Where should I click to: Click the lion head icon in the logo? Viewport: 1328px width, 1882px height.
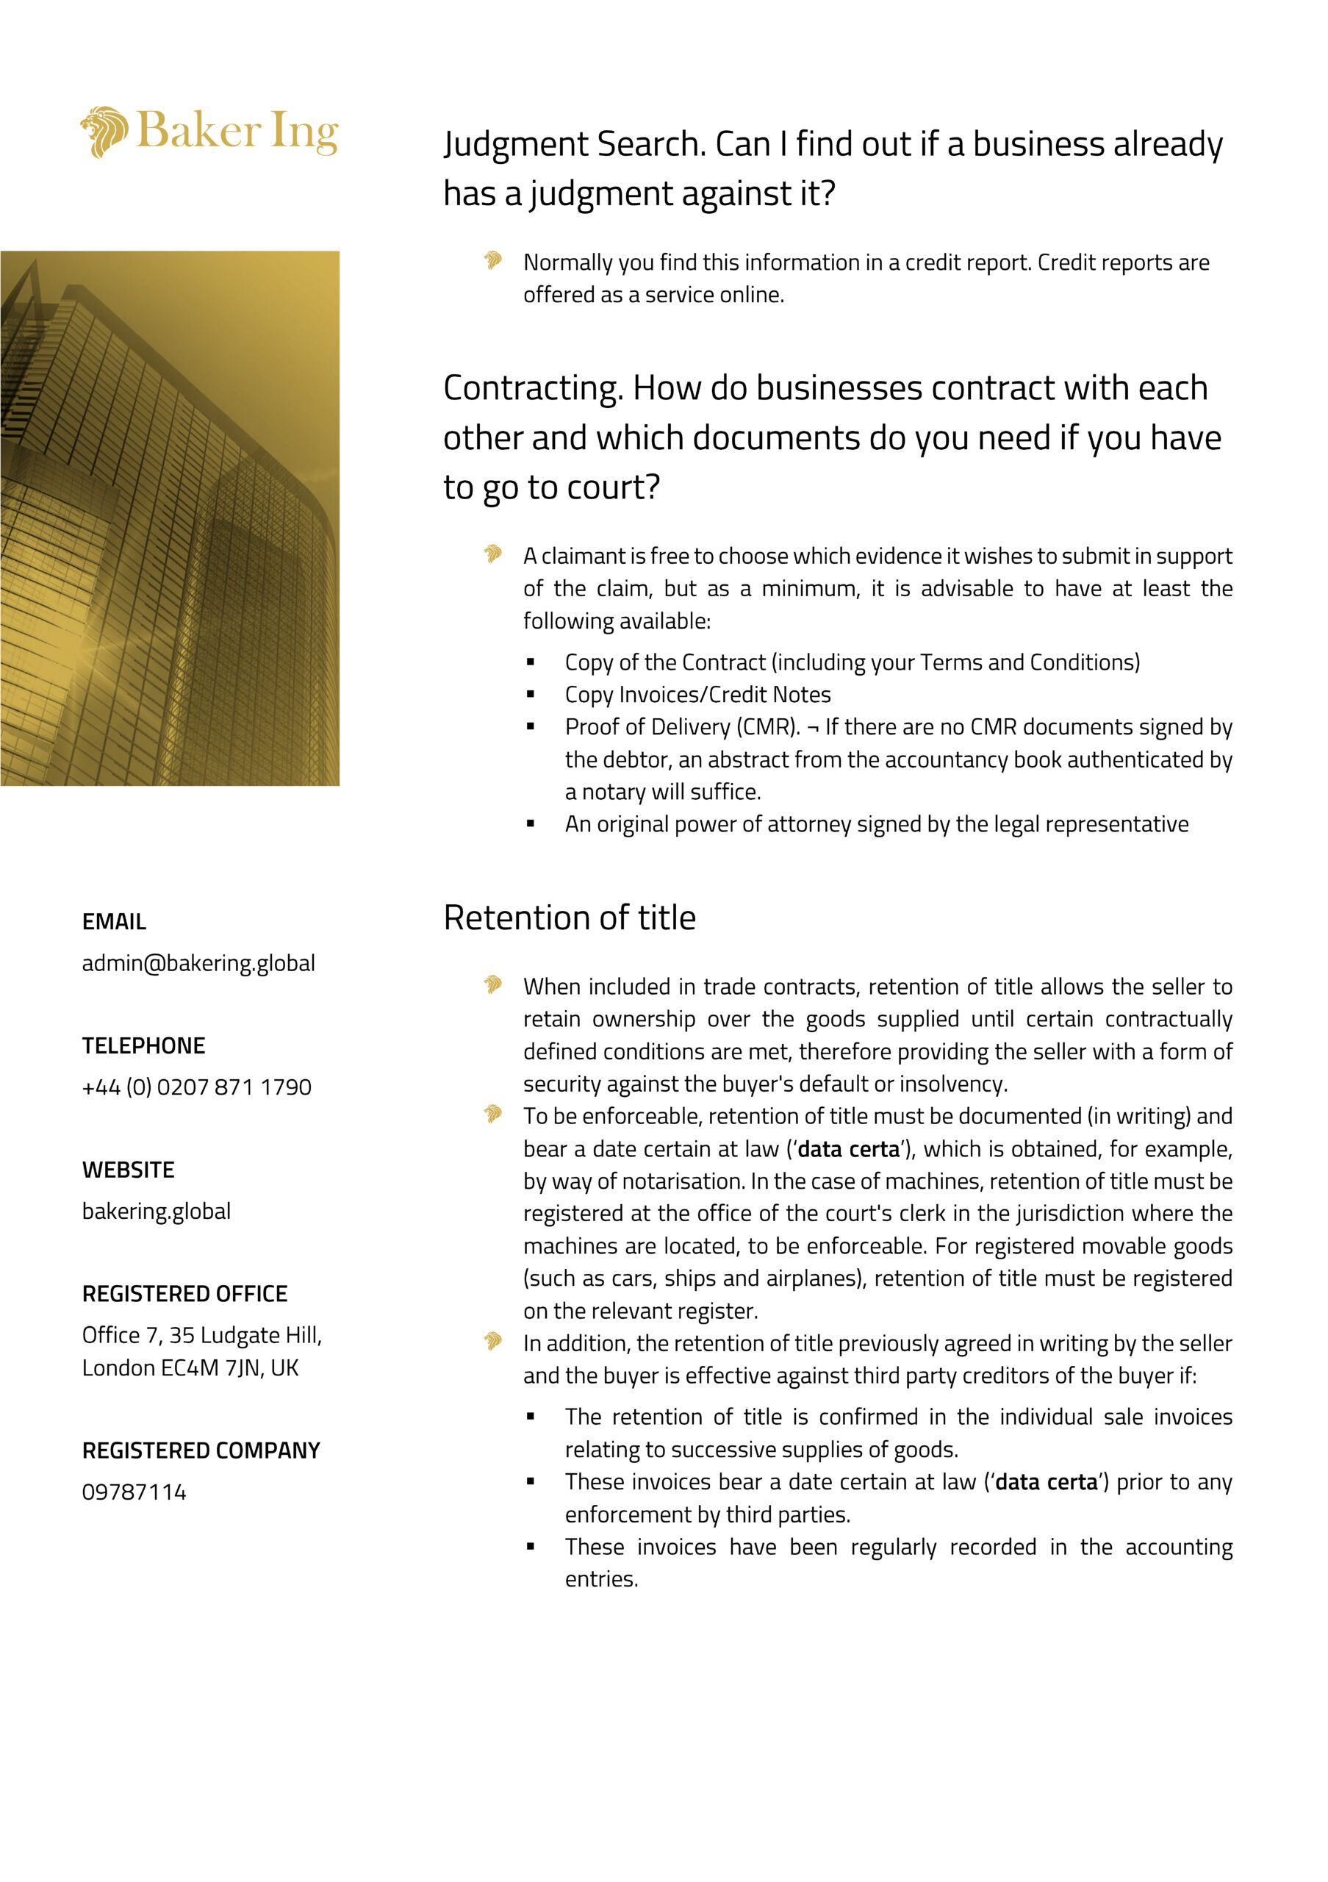(104, 131)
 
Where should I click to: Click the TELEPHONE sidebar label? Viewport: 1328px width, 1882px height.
(143, 1046)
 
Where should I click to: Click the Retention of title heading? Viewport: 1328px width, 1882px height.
(570, 918)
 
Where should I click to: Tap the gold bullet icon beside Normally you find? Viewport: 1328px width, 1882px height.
(492, 261)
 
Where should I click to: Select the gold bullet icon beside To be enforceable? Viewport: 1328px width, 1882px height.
(492, 1114)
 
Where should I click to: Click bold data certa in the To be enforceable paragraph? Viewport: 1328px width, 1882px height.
(848, 1149)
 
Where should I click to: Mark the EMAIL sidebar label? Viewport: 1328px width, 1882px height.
(114, 922)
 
